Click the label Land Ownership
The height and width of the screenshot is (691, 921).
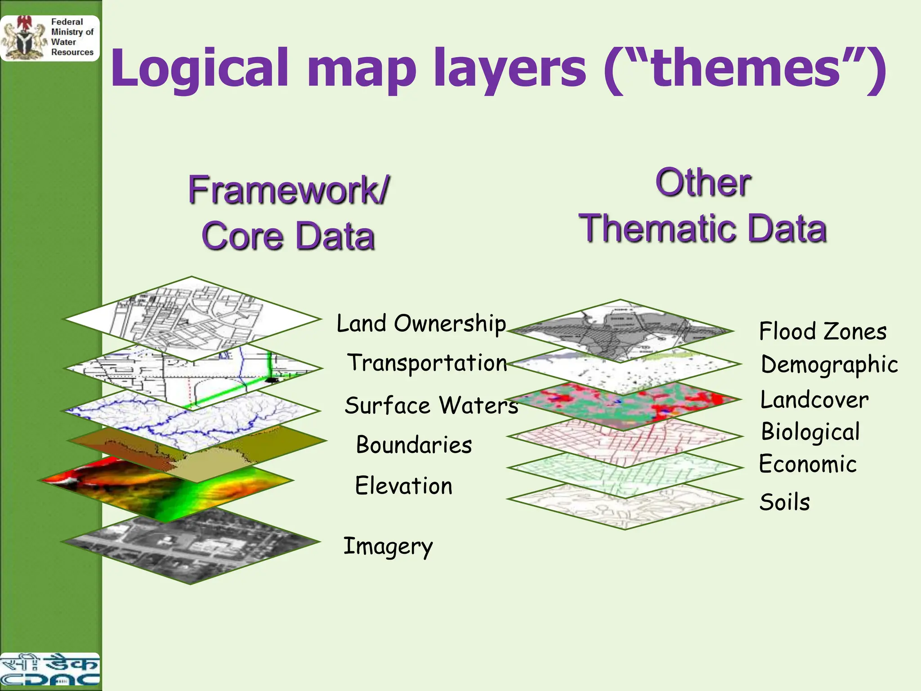click(421, 324)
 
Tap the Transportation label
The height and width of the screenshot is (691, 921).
click(427, 363)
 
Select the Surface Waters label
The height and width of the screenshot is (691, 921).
click(431, 405)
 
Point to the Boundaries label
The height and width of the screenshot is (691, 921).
click(414, 445)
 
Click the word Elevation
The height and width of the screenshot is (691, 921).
click(403, 486)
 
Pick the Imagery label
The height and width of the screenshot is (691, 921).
click(388, 547)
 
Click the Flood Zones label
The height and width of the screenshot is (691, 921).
click(823, 332)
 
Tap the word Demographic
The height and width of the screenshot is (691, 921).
click(829, 365)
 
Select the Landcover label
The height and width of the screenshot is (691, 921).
click(814, 400)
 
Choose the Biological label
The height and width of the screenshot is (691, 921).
click(810, 432)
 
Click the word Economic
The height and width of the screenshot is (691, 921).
click(808, 464)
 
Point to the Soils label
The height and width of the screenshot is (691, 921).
click(784, 502)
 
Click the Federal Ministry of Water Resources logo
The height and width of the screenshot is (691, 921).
click(49, 38)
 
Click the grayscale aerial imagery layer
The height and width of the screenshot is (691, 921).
click(191, 547)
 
